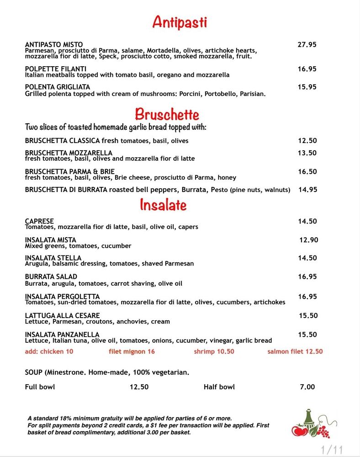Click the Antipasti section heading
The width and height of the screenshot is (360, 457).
point(180,21)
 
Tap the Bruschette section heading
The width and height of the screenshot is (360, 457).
point(167,114)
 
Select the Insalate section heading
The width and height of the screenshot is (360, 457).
point(163,205)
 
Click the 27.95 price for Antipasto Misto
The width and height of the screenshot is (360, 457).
point(307,45)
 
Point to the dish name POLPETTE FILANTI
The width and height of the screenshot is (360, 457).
point(56,69)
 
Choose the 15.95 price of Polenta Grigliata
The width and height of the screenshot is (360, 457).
point(307,87)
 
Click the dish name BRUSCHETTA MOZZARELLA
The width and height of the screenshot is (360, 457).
point(69,153)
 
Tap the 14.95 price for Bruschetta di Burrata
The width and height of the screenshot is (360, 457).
point(307,190)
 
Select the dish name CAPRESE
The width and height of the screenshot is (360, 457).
point(39,221)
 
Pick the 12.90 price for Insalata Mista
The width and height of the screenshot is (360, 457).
point(309,240)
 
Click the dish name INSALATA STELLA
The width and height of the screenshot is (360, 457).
point(53,258)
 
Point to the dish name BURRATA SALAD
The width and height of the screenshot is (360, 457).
point(51,276)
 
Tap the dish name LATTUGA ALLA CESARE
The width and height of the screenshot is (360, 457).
point(62,315)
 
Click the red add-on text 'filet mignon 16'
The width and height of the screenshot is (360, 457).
point(132,351)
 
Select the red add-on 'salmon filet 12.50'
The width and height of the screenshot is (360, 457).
point(295,351)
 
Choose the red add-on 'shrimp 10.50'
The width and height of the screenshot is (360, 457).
point(214,351)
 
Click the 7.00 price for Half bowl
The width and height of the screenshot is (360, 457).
point(307,387)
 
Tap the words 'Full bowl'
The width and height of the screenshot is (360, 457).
point(40,387)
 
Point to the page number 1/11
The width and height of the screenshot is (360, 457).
point(332,449)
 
